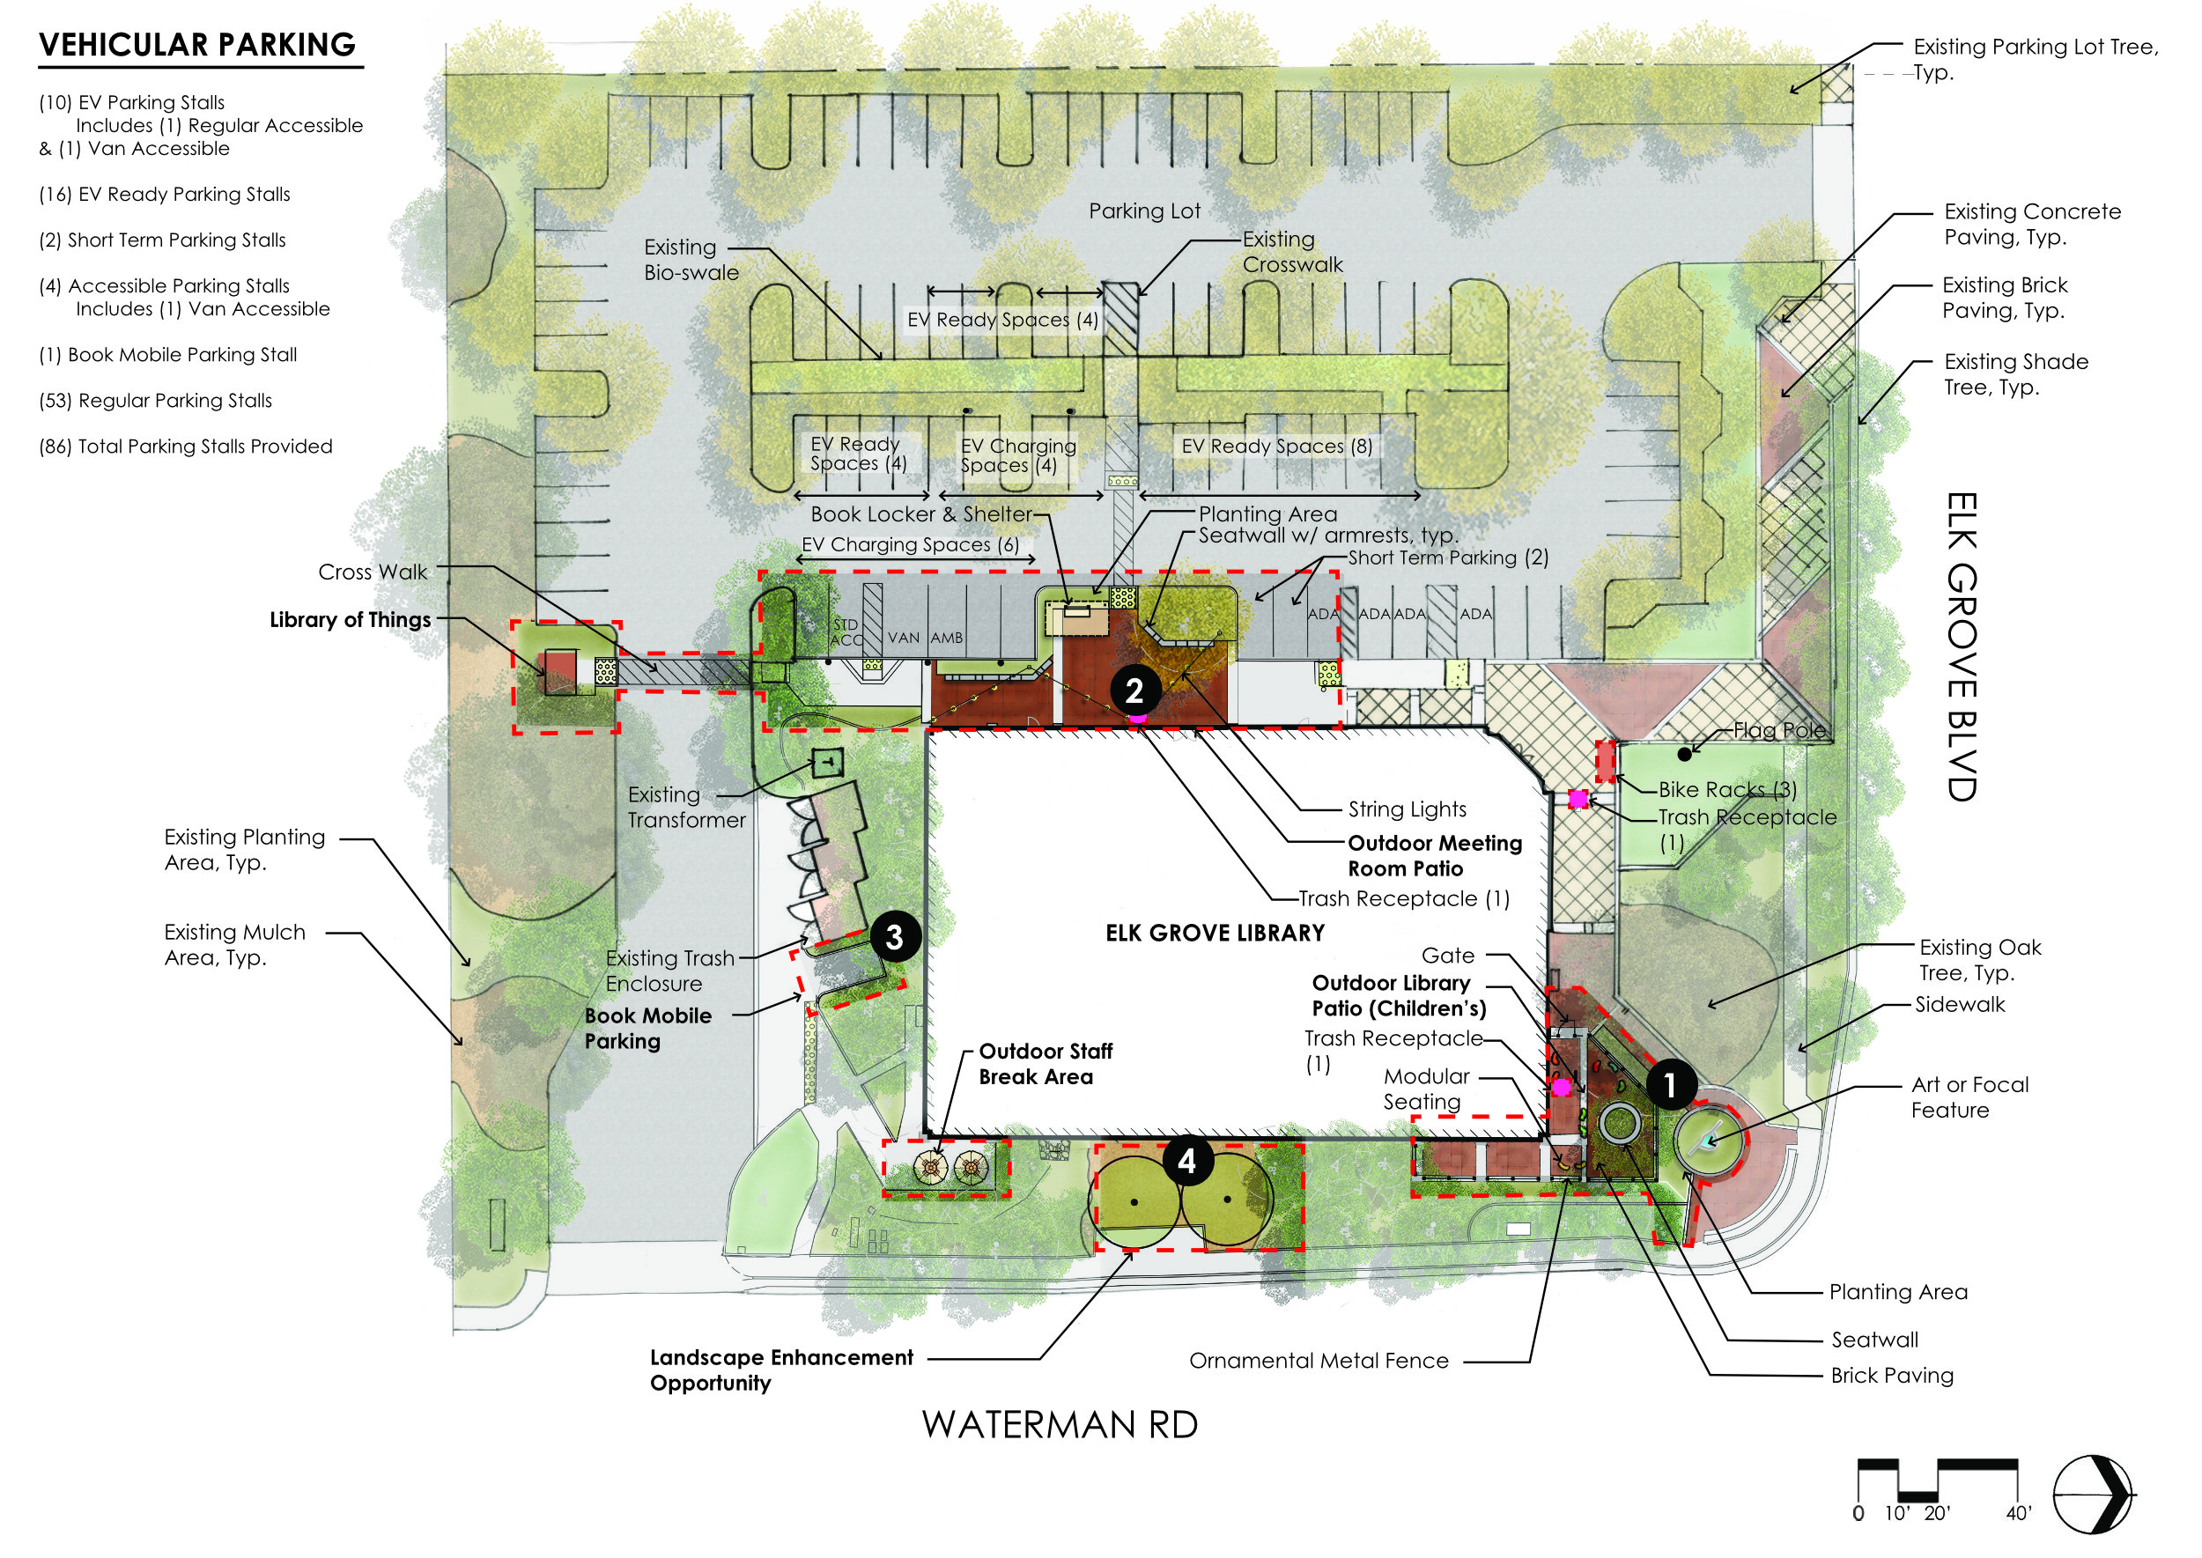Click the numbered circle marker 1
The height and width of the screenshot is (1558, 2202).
[1671, 1085]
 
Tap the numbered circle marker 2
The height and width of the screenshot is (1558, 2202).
[1134, 690]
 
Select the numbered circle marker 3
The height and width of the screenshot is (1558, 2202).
[894, 936]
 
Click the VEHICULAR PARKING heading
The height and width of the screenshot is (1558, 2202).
[196, 45]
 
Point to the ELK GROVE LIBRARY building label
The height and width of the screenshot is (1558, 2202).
[1215, 933]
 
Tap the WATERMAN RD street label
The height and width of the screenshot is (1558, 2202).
[1060, 1425]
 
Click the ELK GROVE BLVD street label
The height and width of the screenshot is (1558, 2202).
[1962, 646]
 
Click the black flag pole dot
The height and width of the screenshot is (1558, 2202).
[1684, 754]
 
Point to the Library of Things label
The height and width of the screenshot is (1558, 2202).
[351, 620]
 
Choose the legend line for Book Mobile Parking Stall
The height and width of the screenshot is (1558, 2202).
[168, 355]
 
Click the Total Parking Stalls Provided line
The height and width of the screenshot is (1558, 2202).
[185, 447]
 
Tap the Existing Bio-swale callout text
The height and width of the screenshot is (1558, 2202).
[691, 260]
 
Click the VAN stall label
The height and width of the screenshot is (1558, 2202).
[903, 637]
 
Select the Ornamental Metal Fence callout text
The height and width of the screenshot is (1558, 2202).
[1319, 1361]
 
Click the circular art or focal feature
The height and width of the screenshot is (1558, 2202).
[1709, 1141]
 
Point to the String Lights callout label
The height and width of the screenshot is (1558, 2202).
[1408, 809]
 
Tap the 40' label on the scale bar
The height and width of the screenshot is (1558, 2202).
[2019, 1513]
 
